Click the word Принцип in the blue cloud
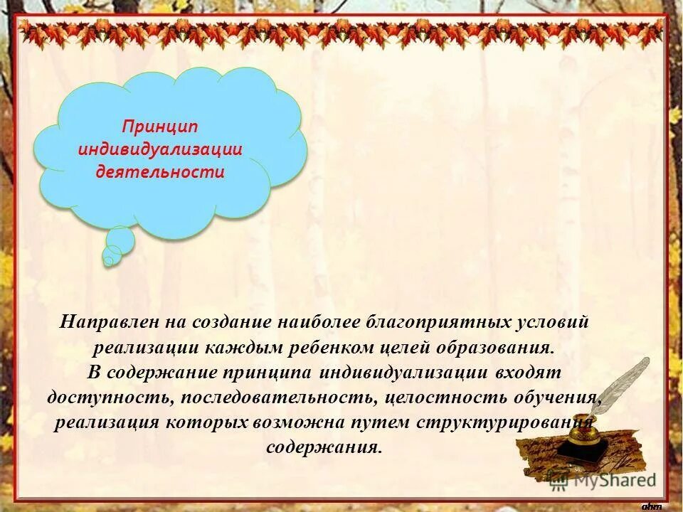(x=159, y=127)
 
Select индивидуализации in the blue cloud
(x=160, y=149)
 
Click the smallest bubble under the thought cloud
(x=108, y=262)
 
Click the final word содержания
(x=324, y=448)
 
